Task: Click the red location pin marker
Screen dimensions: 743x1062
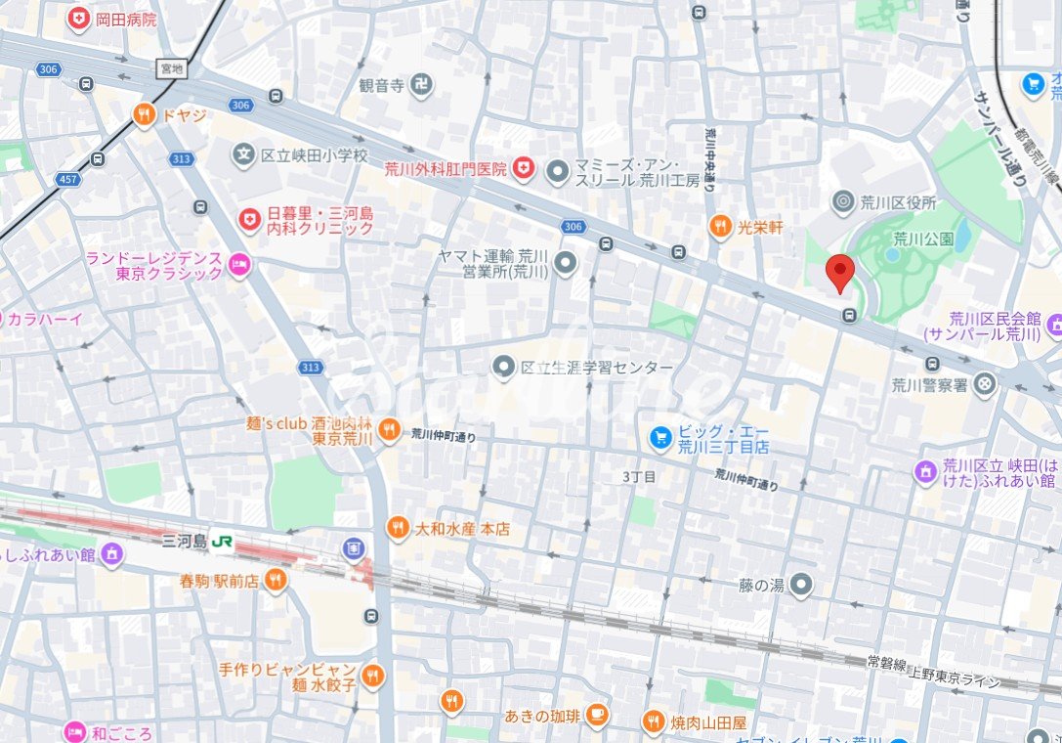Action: tap(839, 271)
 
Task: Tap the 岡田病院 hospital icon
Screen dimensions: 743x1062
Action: tap(78, 18)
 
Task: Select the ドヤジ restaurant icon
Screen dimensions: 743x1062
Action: tap(145, 115)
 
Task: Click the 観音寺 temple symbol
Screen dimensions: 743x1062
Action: tap(420, 85)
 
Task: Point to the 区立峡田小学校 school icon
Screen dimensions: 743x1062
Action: tap(243, 154)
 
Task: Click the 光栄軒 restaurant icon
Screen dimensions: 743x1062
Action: tap(720, 226)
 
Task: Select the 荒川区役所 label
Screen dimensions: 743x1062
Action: tap(898, 203)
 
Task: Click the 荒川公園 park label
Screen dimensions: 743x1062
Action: tap(923, 238)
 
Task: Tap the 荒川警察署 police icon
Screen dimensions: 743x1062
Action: tap(985, 384)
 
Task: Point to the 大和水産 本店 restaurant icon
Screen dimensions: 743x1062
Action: tap(397, 528)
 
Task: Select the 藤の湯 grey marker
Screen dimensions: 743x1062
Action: tap(801, 585)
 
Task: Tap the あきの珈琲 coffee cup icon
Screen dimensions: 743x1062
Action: tap(598, 715)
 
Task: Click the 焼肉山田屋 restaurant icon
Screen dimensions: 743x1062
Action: tap(653, 722)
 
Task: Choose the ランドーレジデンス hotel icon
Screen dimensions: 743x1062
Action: tap(239, 265)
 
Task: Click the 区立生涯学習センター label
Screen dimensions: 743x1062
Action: tap(596, 368)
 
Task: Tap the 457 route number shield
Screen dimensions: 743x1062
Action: tap(68, 180)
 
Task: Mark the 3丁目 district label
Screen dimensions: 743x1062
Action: tap(639, 476)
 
